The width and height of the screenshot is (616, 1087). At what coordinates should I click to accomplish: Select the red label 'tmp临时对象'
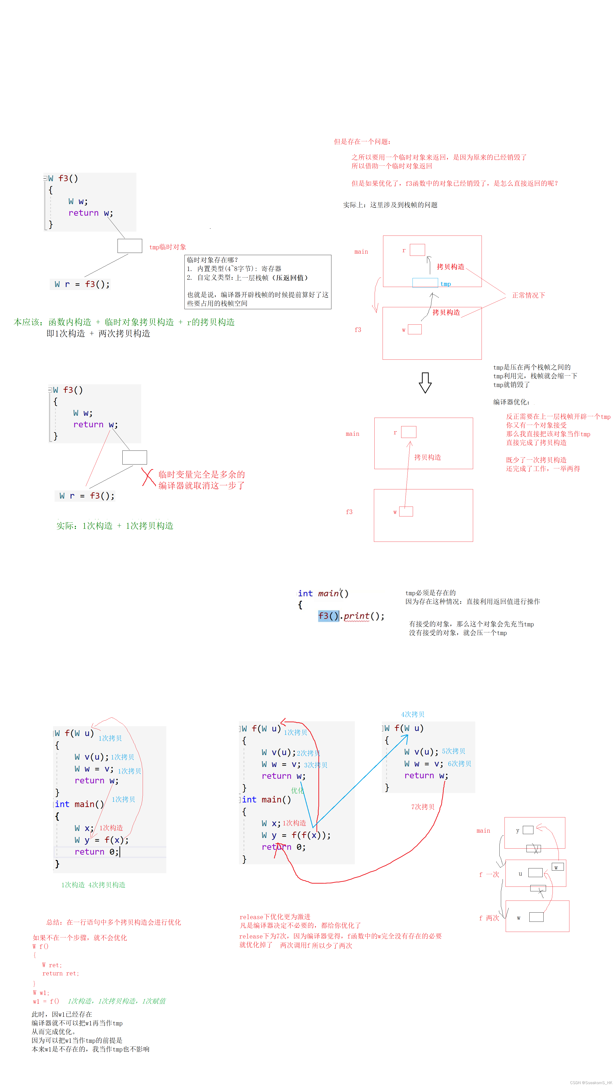(168, 247)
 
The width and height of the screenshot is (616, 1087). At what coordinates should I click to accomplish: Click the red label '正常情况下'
(528, 295)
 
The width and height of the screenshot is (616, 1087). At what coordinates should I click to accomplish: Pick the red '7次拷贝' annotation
(423, 806)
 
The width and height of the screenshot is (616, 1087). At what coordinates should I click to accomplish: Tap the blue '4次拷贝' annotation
(413, 714)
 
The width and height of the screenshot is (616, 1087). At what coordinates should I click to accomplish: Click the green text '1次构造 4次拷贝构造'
(93, 884)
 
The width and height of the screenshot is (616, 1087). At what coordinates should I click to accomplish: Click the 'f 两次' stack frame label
(489, 918)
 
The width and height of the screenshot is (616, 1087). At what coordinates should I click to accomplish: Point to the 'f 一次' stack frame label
(489, 874)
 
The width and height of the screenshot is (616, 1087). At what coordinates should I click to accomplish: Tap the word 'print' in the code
(356, 616)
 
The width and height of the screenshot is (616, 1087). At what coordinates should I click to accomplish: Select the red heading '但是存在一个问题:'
(362, 141)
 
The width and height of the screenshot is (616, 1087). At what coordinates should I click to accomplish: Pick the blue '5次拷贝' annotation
(453, 751)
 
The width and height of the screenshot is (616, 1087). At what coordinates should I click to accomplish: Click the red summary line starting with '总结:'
(113, 922)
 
